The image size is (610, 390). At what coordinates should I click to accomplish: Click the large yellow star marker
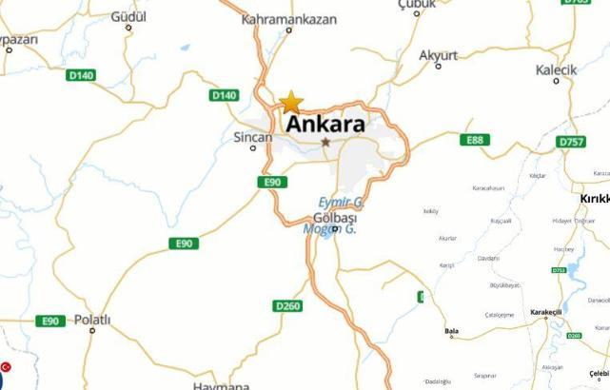tap(290, 102)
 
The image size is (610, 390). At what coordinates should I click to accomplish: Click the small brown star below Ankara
tap(325, 142)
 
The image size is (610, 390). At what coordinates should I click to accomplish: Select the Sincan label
tap(252, 137)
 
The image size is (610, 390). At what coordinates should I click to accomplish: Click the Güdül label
tap(128, 17)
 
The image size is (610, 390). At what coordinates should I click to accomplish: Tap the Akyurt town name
tap(439, 54)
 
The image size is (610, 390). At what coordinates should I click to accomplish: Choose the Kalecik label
tap(556, 70)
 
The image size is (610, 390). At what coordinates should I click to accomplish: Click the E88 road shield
tap(475, 140)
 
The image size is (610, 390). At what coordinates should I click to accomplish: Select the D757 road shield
tap(571, 141)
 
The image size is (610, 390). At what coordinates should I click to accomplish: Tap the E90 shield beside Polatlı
tap(51, 322)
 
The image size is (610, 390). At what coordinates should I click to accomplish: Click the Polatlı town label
tap(92, 319)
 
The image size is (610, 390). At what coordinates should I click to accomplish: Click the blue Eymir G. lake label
tap(340, 203)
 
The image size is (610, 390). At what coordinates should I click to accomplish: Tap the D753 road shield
tap(559, 270)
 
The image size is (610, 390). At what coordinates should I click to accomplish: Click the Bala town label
tap(451, 326)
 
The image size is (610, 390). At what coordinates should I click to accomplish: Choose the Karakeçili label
tap(546, 312)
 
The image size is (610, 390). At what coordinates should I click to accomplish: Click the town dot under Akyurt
tap(438, 66)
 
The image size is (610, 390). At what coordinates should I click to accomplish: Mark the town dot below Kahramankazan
tap(289, 30)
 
